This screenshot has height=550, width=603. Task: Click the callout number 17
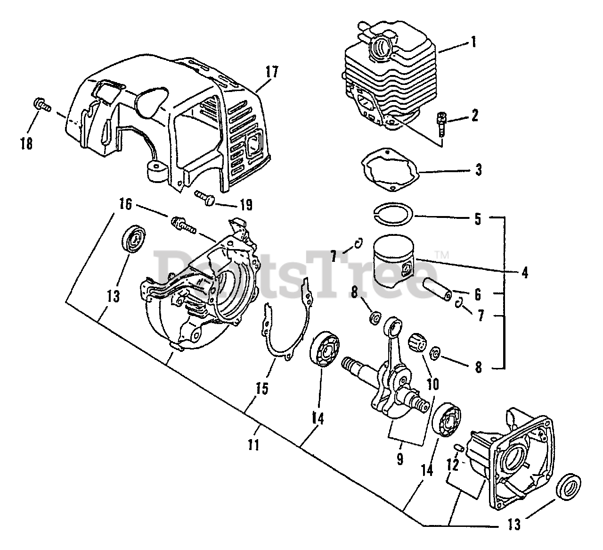(x=272, y=73)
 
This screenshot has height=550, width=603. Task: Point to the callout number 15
(x=262, y=388)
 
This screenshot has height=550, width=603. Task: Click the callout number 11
(x=254, y=444)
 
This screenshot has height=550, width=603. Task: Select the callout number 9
(x=399, y=458)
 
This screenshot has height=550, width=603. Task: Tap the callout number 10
(x=432, y=384)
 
